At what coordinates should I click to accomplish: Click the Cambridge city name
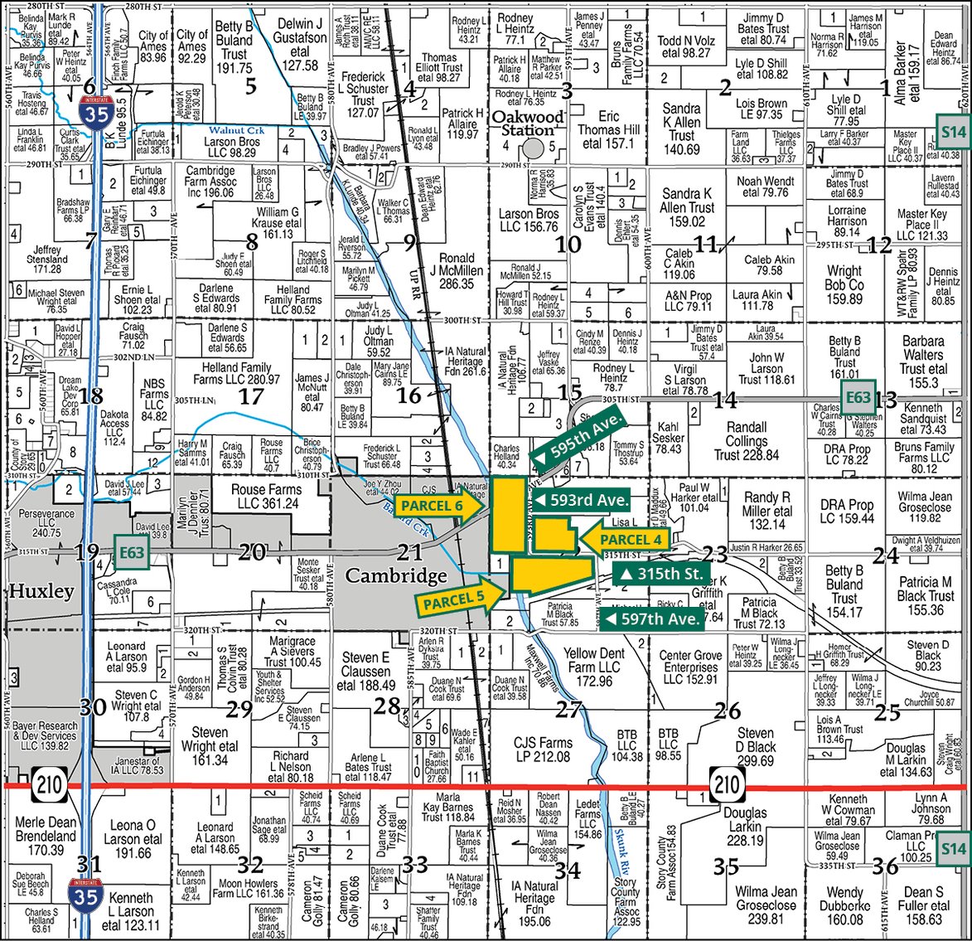click(385, 575)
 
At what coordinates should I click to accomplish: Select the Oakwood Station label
click(527, 123)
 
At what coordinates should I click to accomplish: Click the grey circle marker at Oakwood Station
click(534, 147)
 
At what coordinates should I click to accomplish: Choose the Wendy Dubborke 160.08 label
click(844, 906)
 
